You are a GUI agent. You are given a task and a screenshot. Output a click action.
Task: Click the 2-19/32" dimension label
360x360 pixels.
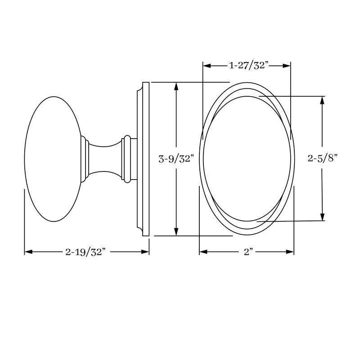(x=85, y=252)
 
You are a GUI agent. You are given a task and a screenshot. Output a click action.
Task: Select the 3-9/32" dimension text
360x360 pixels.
(x=176, y=159)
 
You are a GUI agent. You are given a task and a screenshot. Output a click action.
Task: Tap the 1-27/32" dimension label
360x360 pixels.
(x=249, y=66)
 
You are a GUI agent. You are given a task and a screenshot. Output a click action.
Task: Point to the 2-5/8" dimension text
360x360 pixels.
(x=322, y=158)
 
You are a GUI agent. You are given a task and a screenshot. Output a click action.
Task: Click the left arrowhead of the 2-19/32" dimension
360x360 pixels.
(x=28, y=252)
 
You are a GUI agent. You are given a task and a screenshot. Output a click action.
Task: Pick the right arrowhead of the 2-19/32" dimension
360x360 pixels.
(x=145, y=252)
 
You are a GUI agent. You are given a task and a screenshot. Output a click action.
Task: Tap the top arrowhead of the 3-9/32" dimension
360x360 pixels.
(x=176, y=86)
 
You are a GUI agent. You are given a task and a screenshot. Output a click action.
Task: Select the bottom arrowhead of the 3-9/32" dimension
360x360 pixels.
(x=176, y=232)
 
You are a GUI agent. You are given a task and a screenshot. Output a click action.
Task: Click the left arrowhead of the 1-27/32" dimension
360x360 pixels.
(x=207, y=66)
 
